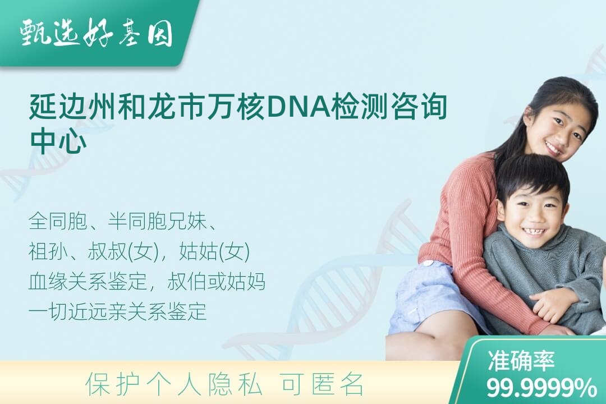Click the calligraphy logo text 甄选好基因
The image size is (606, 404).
click(97, 34)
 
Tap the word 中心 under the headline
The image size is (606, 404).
click(58, 141)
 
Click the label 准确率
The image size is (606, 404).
click(521, 360)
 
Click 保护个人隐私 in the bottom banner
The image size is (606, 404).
click(173, 384)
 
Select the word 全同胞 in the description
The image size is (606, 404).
click(58, 222)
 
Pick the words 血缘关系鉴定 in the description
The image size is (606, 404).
click(88, 282)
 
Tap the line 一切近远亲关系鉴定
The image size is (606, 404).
click(117, 311)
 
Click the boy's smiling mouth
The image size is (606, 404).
click(532, 231)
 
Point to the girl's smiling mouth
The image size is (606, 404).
click(554, 148)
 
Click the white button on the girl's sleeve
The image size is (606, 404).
click(429, 264)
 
